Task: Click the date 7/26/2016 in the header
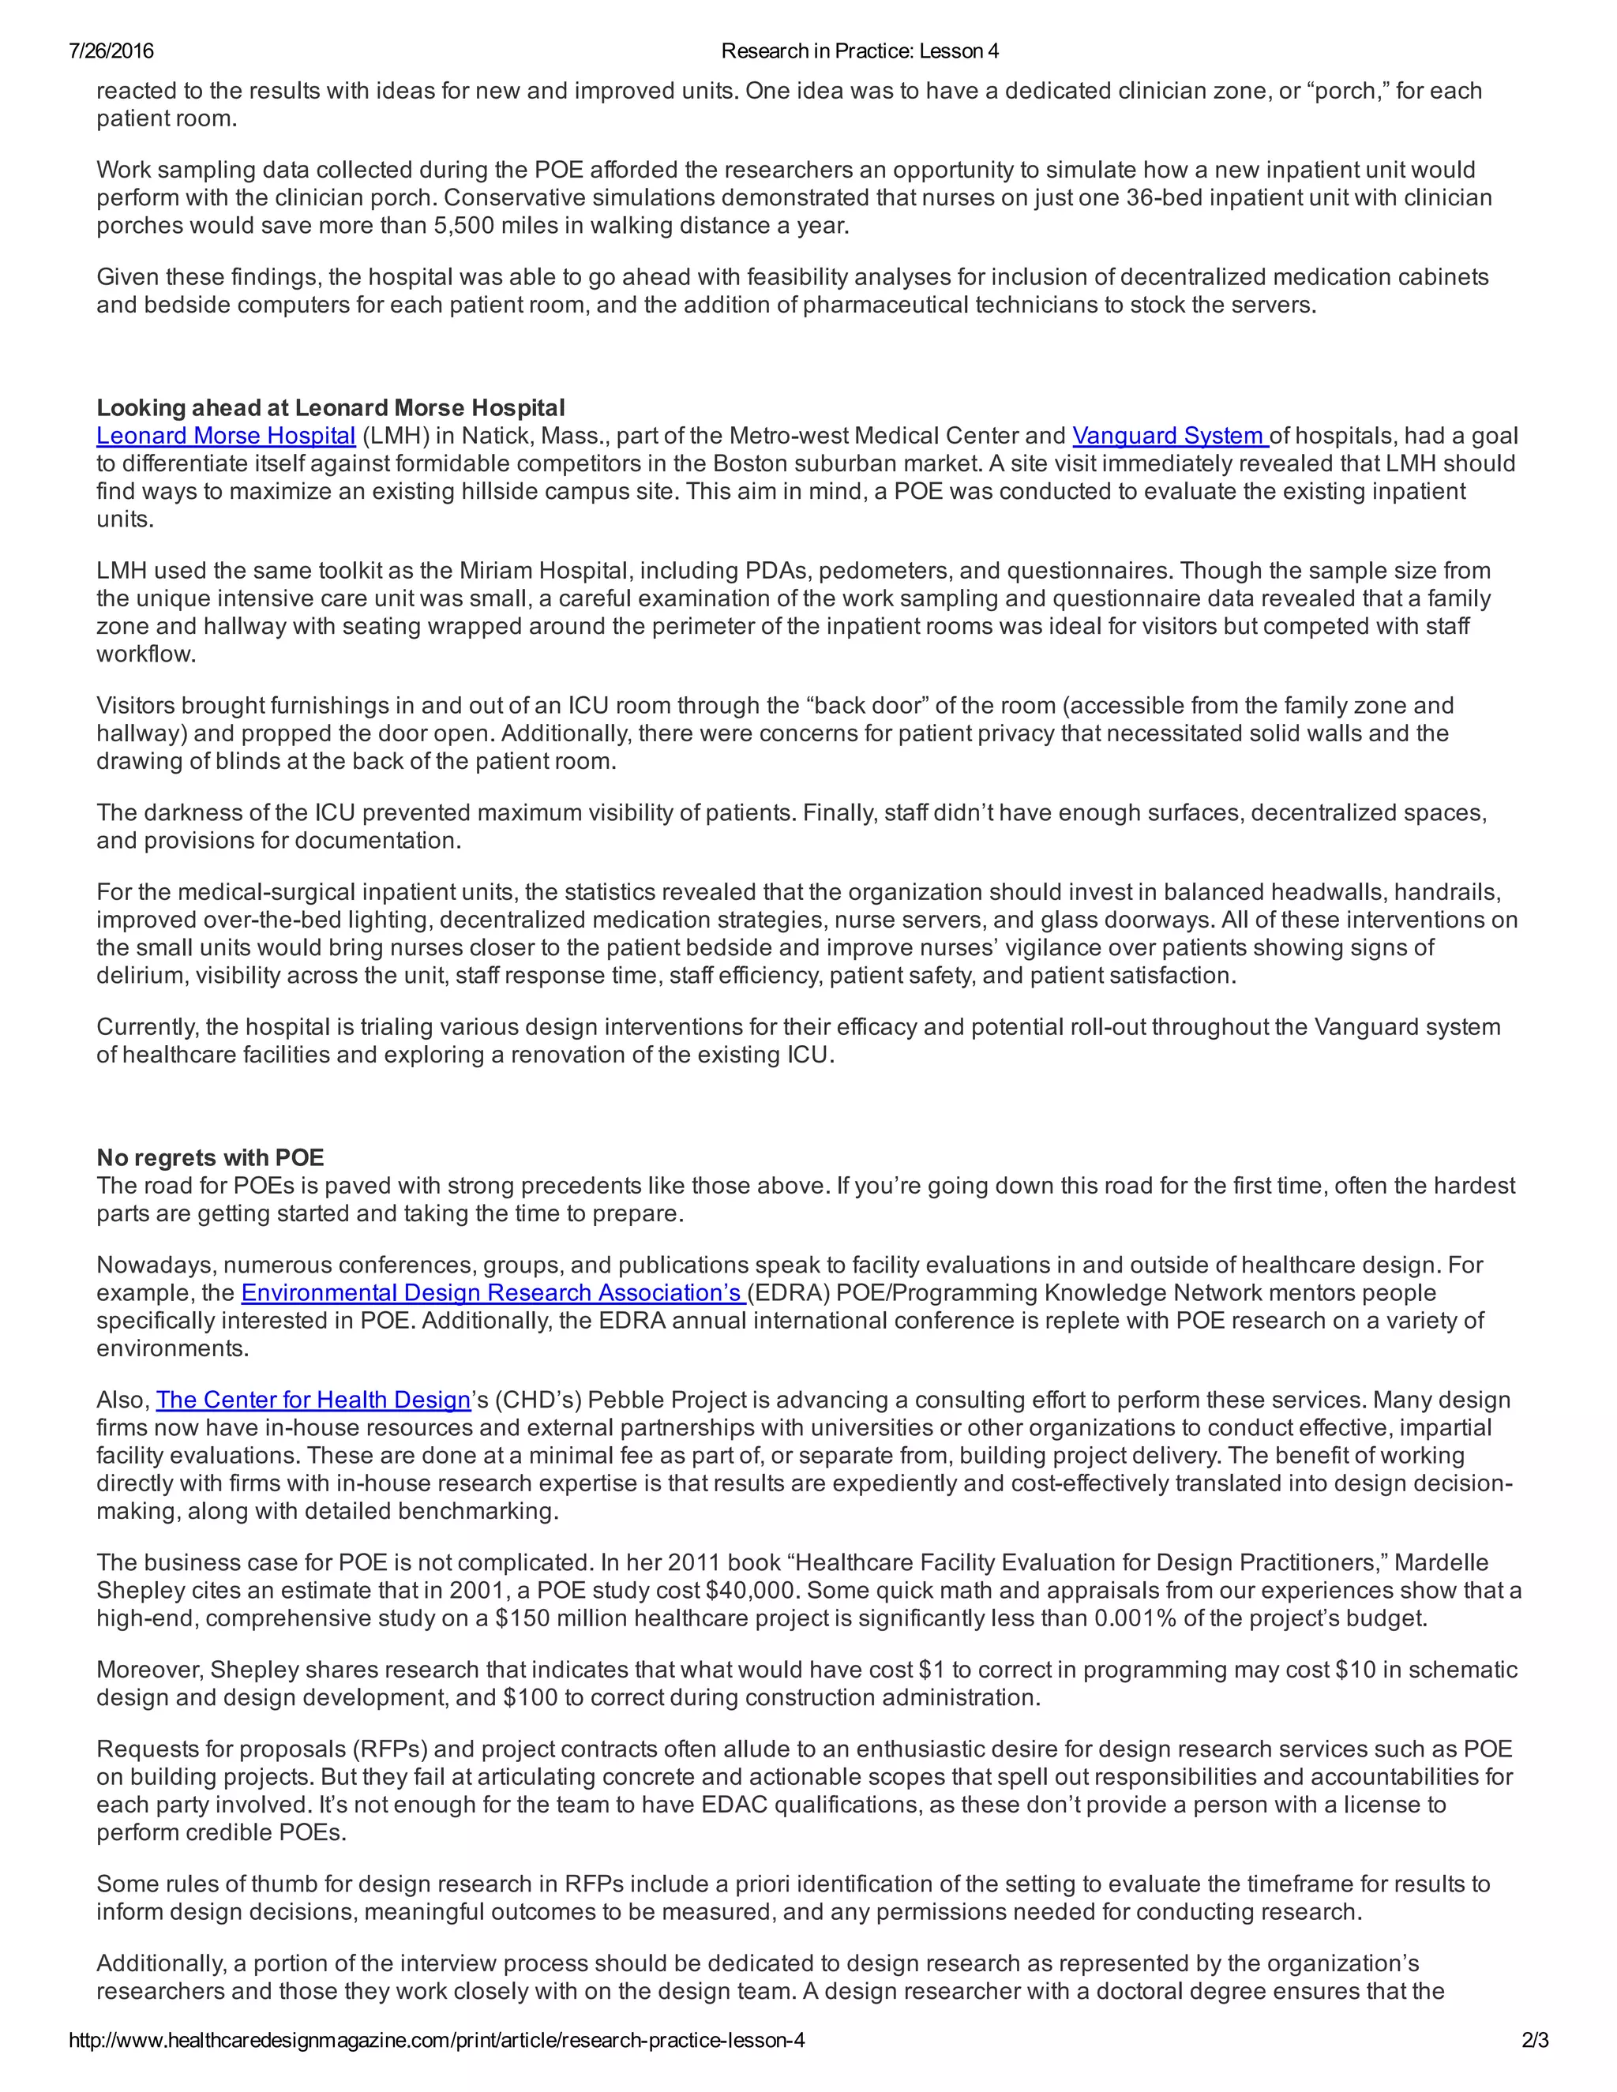[111, 51]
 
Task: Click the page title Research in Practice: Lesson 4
[859, 51]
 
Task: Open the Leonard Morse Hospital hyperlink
[226, 436]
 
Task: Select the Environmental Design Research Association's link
[493, 1292]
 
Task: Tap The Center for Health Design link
[313, 1400]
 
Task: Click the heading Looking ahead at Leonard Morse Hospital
[331, 408]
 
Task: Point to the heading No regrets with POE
[211, 1157]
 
